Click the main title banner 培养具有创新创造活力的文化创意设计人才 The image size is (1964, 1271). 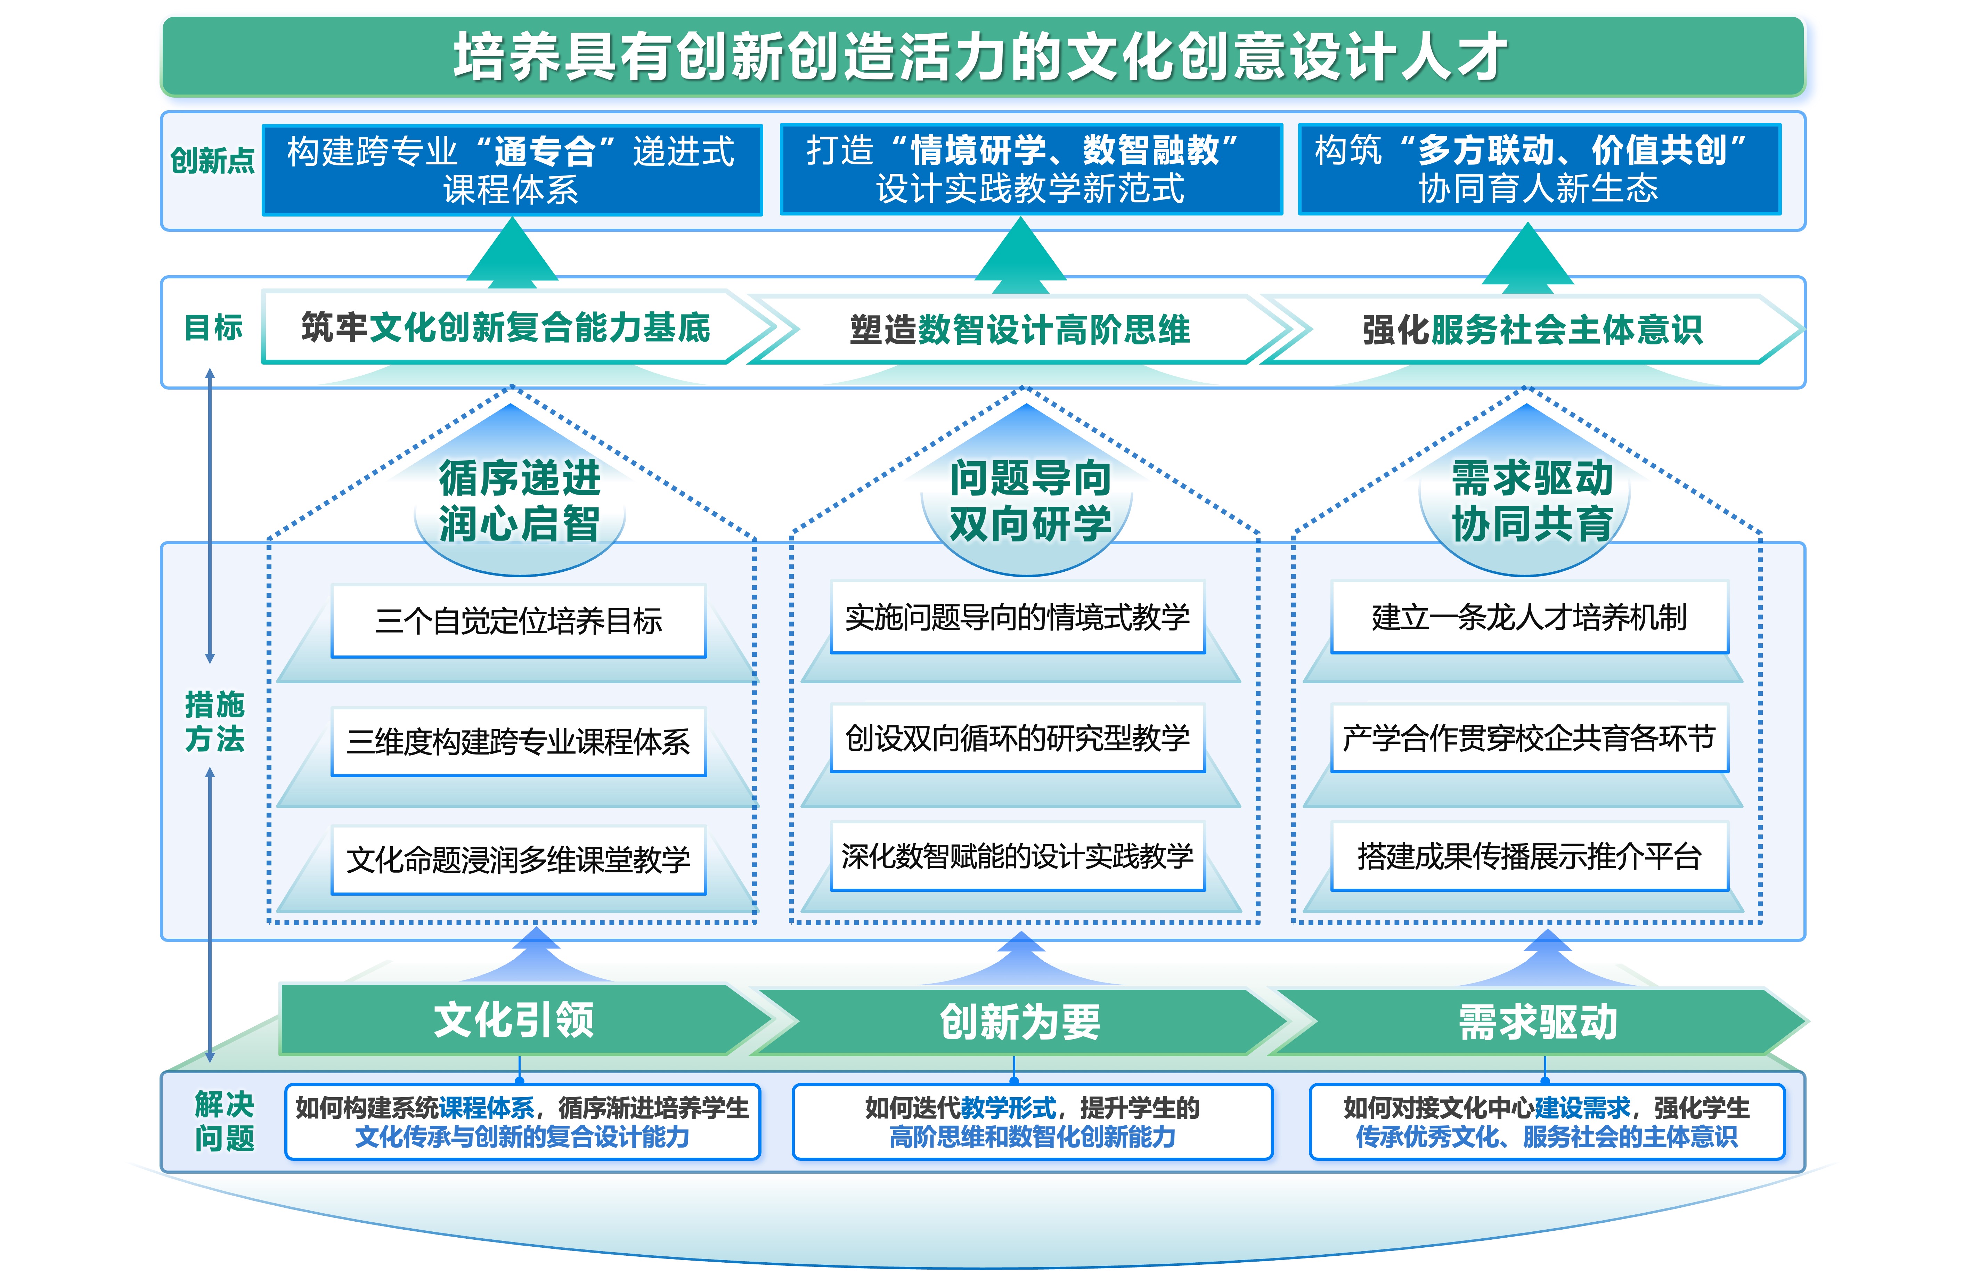pos(982,56)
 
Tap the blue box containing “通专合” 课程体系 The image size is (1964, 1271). pos(512,170)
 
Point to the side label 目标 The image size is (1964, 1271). pos(213,328)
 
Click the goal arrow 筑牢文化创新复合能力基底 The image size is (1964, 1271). pos(505,328)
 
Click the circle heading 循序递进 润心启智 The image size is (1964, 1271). pos(520,501)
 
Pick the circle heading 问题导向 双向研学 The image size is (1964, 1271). pos(1030,501)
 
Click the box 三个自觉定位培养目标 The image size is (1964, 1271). pos(518,621)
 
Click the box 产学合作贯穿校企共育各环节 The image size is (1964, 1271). pos(1529,738)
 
